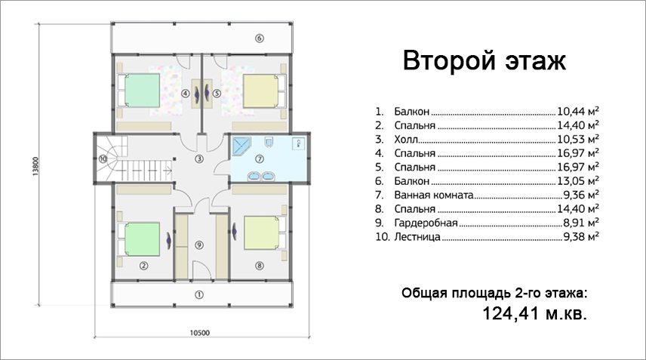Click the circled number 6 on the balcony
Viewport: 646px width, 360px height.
pos(259,38)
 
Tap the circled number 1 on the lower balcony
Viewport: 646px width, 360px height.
pos(199,295)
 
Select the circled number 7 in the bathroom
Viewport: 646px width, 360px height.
pos(259,158)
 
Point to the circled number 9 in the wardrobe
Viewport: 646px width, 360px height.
pos(199,245)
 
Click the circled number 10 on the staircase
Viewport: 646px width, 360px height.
pos(103,158)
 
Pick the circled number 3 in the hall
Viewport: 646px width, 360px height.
pos(199,158)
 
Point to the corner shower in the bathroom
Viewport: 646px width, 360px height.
pos(241,146)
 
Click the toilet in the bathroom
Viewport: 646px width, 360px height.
pos(269,141)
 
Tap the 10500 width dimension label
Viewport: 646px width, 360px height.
pos(200,333)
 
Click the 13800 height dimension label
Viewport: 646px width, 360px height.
pos(35,166)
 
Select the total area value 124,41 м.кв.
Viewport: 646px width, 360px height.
pos(534,313)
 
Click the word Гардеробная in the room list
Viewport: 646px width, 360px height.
pos(426,223)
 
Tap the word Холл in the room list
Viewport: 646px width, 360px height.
pos(406,139)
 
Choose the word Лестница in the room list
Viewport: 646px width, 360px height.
pos(417,237)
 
